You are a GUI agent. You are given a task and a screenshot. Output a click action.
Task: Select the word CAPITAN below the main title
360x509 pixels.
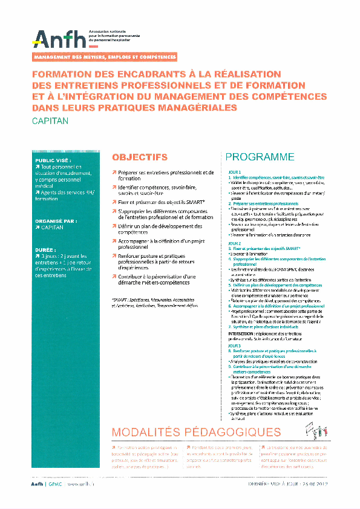click(x=50, y=121)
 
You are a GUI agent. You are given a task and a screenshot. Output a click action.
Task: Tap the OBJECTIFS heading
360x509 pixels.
click(x=140, y=157)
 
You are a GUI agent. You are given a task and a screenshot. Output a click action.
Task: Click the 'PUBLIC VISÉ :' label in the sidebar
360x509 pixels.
click(x=54, y=160)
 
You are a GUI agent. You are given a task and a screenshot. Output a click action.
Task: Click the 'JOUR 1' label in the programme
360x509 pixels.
click(x=234, y=172)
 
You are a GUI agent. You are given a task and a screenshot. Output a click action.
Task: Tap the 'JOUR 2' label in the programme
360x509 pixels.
click(x=234, y=242)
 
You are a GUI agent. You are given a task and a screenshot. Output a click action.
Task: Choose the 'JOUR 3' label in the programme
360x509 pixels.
click(x=234, y=346)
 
